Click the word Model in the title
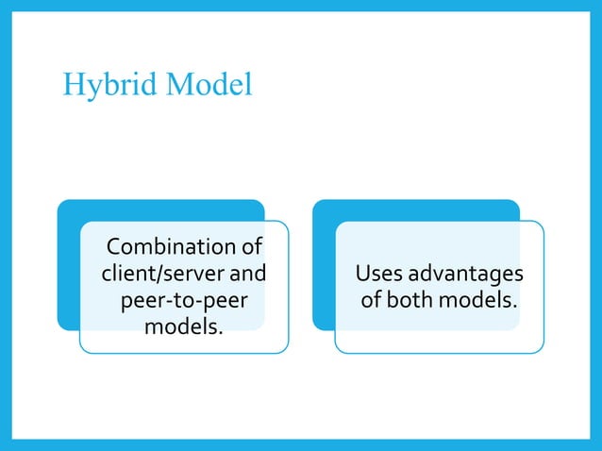tap(209, 85)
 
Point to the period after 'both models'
tap(515, 307)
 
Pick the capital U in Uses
tap(362, 275)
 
